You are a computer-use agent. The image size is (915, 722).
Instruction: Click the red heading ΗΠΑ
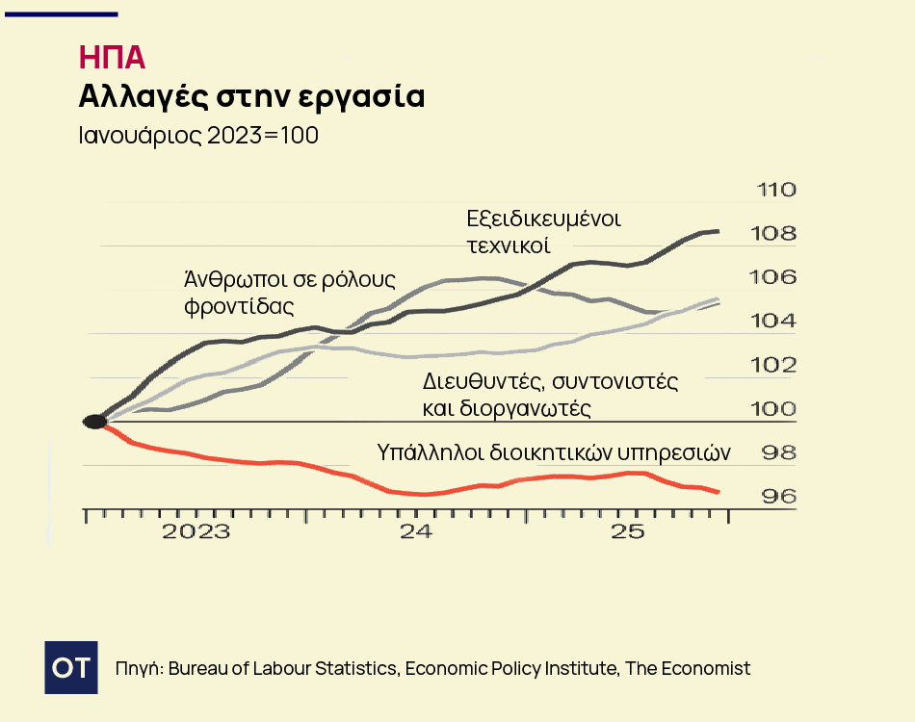[x=112, y=58]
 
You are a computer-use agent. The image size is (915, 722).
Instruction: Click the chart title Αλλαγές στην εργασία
[x=250, y=97]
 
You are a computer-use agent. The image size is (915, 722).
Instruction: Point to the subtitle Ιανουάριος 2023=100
[x=198, y=136]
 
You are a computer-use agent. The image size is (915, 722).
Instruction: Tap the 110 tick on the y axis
[x=777, y=190]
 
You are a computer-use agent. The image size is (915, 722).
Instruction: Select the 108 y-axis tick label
[x=777, y=234]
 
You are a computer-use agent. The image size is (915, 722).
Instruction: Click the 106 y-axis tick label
[x=777, y=277]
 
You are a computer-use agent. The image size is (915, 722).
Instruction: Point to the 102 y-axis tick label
[x=777, y=365]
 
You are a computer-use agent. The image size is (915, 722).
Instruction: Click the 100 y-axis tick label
[x=777, y=409]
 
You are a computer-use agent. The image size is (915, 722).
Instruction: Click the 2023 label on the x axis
[x=196, y=532]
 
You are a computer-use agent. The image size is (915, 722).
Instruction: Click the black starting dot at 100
[x=94, y=422]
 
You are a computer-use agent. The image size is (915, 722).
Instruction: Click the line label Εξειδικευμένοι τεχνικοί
[x=543, y=231]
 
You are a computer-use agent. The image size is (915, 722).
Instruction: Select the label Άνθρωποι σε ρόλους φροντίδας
[x=290, y=293]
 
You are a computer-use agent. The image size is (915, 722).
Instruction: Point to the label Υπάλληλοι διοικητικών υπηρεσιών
[x=554, y=452]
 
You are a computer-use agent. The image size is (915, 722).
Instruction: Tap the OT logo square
[x=71, y=666]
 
